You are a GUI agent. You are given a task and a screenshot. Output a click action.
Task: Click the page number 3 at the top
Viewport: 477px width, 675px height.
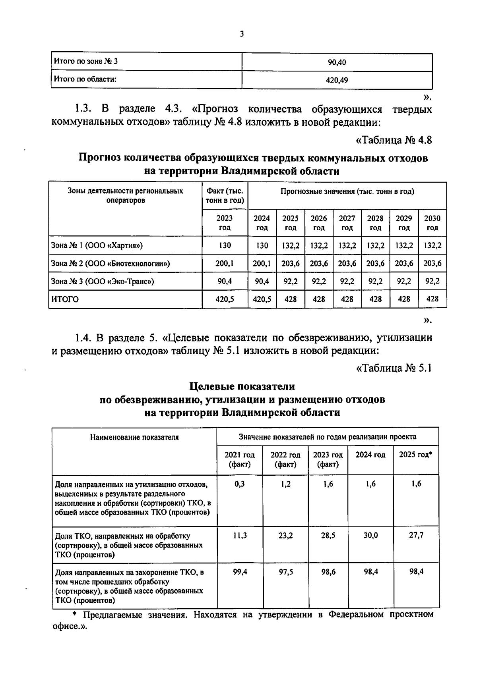click(242, 35)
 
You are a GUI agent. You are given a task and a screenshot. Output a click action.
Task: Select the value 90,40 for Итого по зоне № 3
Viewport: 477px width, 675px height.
click(337, 62)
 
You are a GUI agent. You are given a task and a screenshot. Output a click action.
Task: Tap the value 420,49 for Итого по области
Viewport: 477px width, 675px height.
click(337, 80)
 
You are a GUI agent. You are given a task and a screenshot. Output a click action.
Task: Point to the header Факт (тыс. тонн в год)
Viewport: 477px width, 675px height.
click(225, 196)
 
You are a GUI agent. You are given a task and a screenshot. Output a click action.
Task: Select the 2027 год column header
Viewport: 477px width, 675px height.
click(347, 223)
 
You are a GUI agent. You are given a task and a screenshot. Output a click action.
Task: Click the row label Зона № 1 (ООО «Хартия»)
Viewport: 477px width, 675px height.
click(97, 245)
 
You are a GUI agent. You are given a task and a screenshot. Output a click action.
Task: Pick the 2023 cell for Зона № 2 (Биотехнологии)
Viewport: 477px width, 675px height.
click(225, 263)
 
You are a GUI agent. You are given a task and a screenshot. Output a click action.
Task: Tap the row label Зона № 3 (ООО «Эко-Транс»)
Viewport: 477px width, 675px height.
click(103, 281)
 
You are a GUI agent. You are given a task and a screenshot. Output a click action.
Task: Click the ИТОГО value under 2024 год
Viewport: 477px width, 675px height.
click(262, 299)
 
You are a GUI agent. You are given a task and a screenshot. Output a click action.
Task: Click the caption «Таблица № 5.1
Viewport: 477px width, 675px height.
click(394, 368)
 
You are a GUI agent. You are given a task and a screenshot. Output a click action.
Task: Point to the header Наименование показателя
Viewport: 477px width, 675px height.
click(134, 437)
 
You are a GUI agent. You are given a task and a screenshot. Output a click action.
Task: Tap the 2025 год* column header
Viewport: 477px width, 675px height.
click(416, 455)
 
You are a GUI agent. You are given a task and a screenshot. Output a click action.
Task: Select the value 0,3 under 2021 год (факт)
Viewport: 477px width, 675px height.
click(240, 484)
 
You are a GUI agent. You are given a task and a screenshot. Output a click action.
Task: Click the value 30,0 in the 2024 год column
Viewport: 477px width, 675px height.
click(370, 535)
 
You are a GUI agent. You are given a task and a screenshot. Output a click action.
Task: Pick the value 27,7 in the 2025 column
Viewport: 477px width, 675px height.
click(416, 535)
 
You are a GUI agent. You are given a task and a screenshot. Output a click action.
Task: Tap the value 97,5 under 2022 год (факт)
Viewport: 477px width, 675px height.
click(285, 572)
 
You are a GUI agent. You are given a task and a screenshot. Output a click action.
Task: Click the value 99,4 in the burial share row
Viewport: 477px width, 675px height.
click(240, 572)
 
